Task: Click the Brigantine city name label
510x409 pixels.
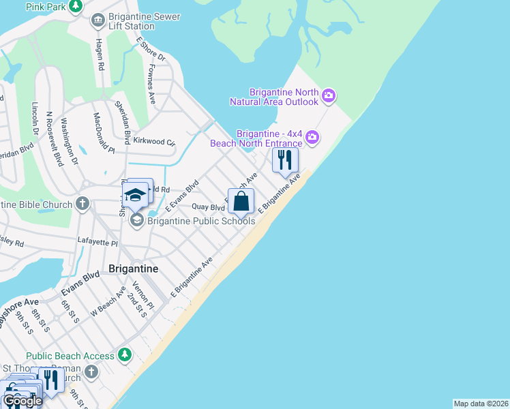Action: click(x=134, y=269)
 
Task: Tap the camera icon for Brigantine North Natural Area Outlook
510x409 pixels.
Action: click(x=329, y=96)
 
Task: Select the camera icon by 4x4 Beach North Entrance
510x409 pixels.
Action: click(x=312, y=138)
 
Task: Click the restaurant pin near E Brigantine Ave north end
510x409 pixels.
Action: click(x=285, y=160)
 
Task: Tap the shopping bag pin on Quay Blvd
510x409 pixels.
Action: click(x=241, y=202)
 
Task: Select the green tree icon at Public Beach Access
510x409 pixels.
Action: click(x=124, y=355)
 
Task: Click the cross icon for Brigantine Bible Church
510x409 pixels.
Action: click(x=82, y=203)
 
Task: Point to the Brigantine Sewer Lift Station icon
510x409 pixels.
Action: click(x=98, y=20)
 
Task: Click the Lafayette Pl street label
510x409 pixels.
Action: click(x=97, y=242)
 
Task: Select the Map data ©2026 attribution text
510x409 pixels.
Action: click(x=481, y=404)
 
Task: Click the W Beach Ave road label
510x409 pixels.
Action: click(x=110, y=301)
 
